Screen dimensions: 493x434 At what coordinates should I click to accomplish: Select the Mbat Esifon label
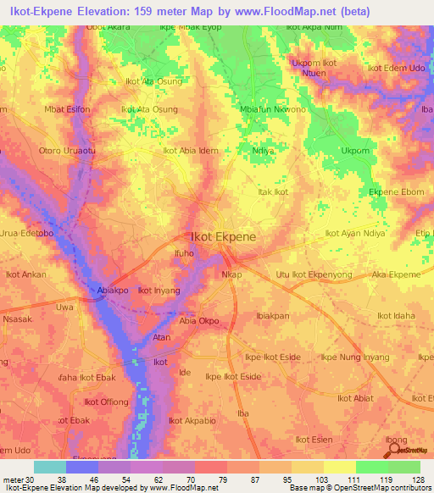pyautogui.click(x=67, y=109)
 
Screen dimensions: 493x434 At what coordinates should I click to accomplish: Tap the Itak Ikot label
pyautogui.click(x=273, y=192)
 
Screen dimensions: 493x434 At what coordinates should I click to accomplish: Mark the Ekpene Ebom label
pyautogui.click(x=396, y=192)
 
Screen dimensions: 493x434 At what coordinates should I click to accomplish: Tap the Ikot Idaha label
pyautogui.click(x=396, y=316)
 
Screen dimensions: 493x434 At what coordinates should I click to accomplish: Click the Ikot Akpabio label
pyautogui.click(x=192, y=420)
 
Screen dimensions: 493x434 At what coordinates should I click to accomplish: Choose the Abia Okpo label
pyautogui.click(x=199, y=322)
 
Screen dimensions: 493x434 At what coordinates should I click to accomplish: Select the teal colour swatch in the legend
pyautogui.click(x=49, y=467)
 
